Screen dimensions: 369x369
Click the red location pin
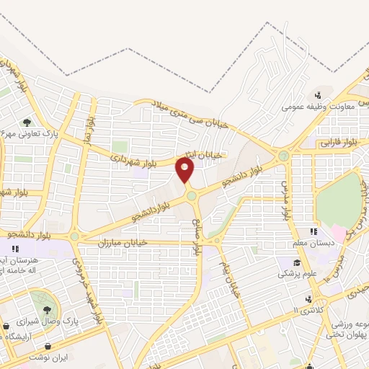(185, 170)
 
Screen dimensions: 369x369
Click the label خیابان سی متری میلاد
(193, 115)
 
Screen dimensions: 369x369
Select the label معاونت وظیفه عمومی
(310, 107)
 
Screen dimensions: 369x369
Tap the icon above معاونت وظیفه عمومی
(316, 95)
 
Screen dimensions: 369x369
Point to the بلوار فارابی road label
(332, 144)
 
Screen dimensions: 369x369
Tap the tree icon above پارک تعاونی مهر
(27, 123)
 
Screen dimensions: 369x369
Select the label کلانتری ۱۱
(309, 311)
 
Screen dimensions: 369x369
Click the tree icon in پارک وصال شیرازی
(48, 296)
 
